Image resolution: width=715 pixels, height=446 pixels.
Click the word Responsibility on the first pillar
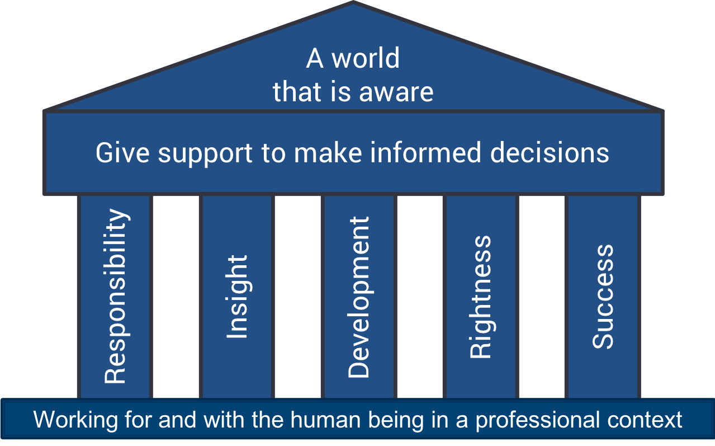point(115,296)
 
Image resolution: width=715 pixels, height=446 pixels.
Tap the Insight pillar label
point(237,296)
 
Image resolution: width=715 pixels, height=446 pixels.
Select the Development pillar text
point(359,297)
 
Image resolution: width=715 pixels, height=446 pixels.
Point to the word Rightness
point(480,297)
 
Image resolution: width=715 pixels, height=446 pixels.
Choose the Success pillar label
point(603,297)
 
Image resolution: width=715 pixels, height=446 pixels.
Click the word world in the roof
point(366,59)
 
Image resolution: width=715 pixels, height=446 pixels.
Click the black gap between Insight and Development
point(298,296)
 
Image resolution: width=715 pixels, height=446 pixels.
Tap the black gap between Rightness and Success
point(541,296)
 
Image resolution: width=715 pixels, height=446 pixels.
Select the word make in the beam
point(328,153)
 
